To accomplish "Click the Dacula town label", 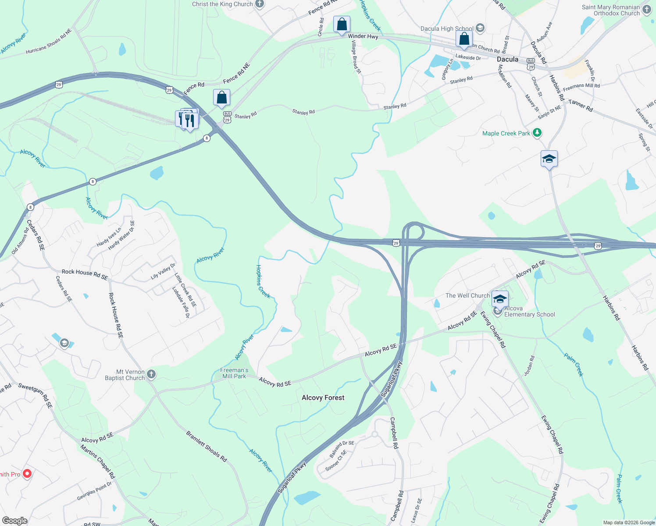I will (507, 59).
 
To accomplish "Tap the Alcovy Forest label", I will (323, 398).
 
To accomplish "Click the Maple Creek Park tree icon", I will (537, 133).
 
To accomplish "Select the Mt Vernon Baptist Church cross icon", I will (151, 374).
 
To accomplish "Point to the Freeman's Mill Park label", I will (235, 373).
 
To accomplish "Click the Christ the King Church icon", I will (260, 4).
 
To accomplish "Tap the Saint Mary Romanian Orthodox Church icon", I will (647, 10).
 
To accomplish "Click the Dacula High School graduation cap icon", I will (480, 28).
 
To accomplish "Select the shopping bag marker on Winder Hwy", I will (342, 25).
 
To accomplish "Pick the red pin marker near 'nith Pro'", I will (27, 474).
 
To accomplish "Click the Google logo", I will (14, 520).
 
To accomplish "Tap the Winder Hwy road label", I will (363, 36).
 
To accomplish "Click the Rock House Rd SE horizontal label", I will (85, 274).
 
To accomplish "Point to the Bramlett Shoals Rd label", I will (207, 447).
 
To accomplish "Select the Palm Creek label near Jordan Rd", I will (574, 365).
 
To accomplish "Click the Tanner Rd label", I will (581, 105).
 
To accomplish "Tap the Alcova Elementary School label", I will (529, 311).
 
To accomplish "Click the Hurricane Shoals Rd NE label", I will (48, 42).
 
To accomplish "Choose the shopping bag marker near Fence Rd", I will (221, 98).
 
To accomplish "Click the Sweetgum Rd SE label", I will (36, 395).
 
